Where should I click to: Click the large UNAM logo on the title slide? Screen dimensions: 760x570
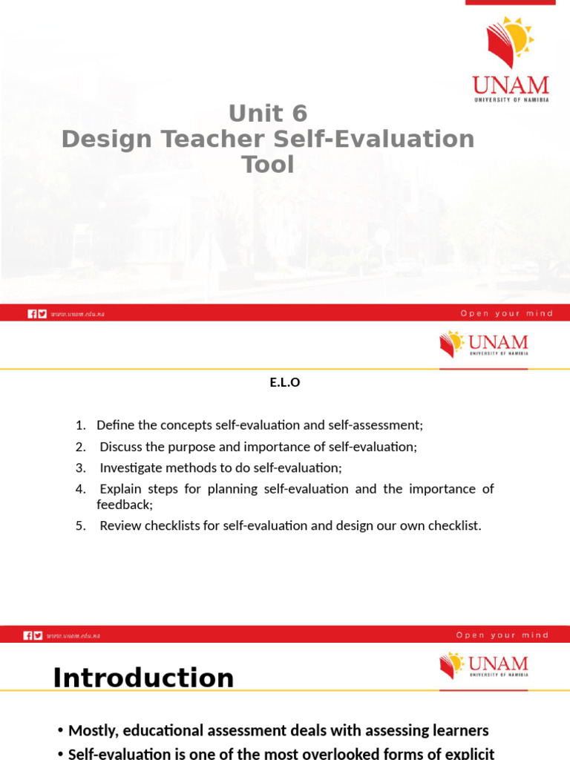point(510,59)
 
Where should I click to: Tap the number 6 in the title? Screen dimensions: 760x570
point(298,114)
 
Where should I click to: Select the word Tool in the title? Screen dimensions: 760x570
point(268,164)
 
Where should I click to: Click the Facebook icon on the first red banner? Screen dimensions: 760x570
point(32,314)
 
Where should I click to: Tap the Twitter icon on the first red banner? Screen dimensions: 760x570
point(42,314)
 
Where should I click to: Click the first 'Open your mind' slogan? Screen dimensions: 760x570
point(507,314)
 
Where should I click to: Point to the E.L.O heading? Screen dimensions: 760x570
point(284,384)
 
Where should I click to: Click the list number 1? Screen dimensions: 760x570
point(80,425)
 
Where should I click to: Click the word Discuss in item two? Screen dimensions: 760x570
point(122,447)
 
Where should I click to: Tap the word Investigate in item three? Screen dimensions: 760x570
point(131,468)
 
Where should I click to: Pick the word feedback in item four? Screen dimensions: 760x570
point(124,505)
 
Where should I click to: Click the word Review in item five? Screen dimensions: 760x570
point(120,526)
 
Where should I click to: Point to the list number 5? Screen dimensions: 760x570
point(80,526)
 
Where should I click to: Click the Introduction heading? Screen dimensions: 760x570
point(143,678)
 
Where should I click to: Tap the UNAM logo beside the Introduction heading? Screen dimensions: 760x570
point(484,665)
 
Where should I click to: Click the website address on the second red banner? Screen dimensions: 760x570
point(73,636)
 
